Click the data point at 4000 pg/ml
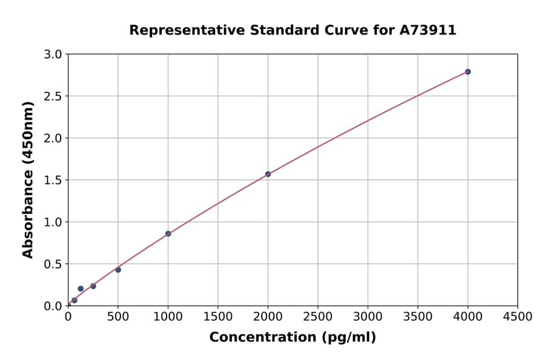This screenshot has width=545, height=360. point(467,72)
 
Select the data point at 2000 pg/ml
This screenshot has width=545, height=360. point(268,174)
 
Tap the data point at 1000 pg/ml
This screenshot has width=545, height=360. point(168,233)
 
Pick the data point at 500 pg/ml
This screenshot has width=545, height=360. point(118,270)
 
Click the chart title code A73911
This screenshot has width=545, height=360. point(428,30)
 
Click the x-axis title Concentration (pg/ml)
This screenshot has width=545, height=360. point(292,338)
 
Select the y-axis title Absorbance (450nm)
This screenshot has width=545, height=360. point(28,180)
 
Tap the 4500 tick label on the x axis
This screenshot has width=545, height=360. point(517,317)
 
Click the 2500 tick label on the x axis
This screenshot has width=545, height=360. point(317,317)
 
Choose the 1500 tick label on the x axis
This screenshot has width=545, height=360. point(217,317)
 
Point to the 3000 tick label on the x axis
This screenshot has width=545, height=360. point(368,317)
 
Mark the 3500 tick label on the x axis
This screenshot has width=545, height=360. point(417,317)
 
